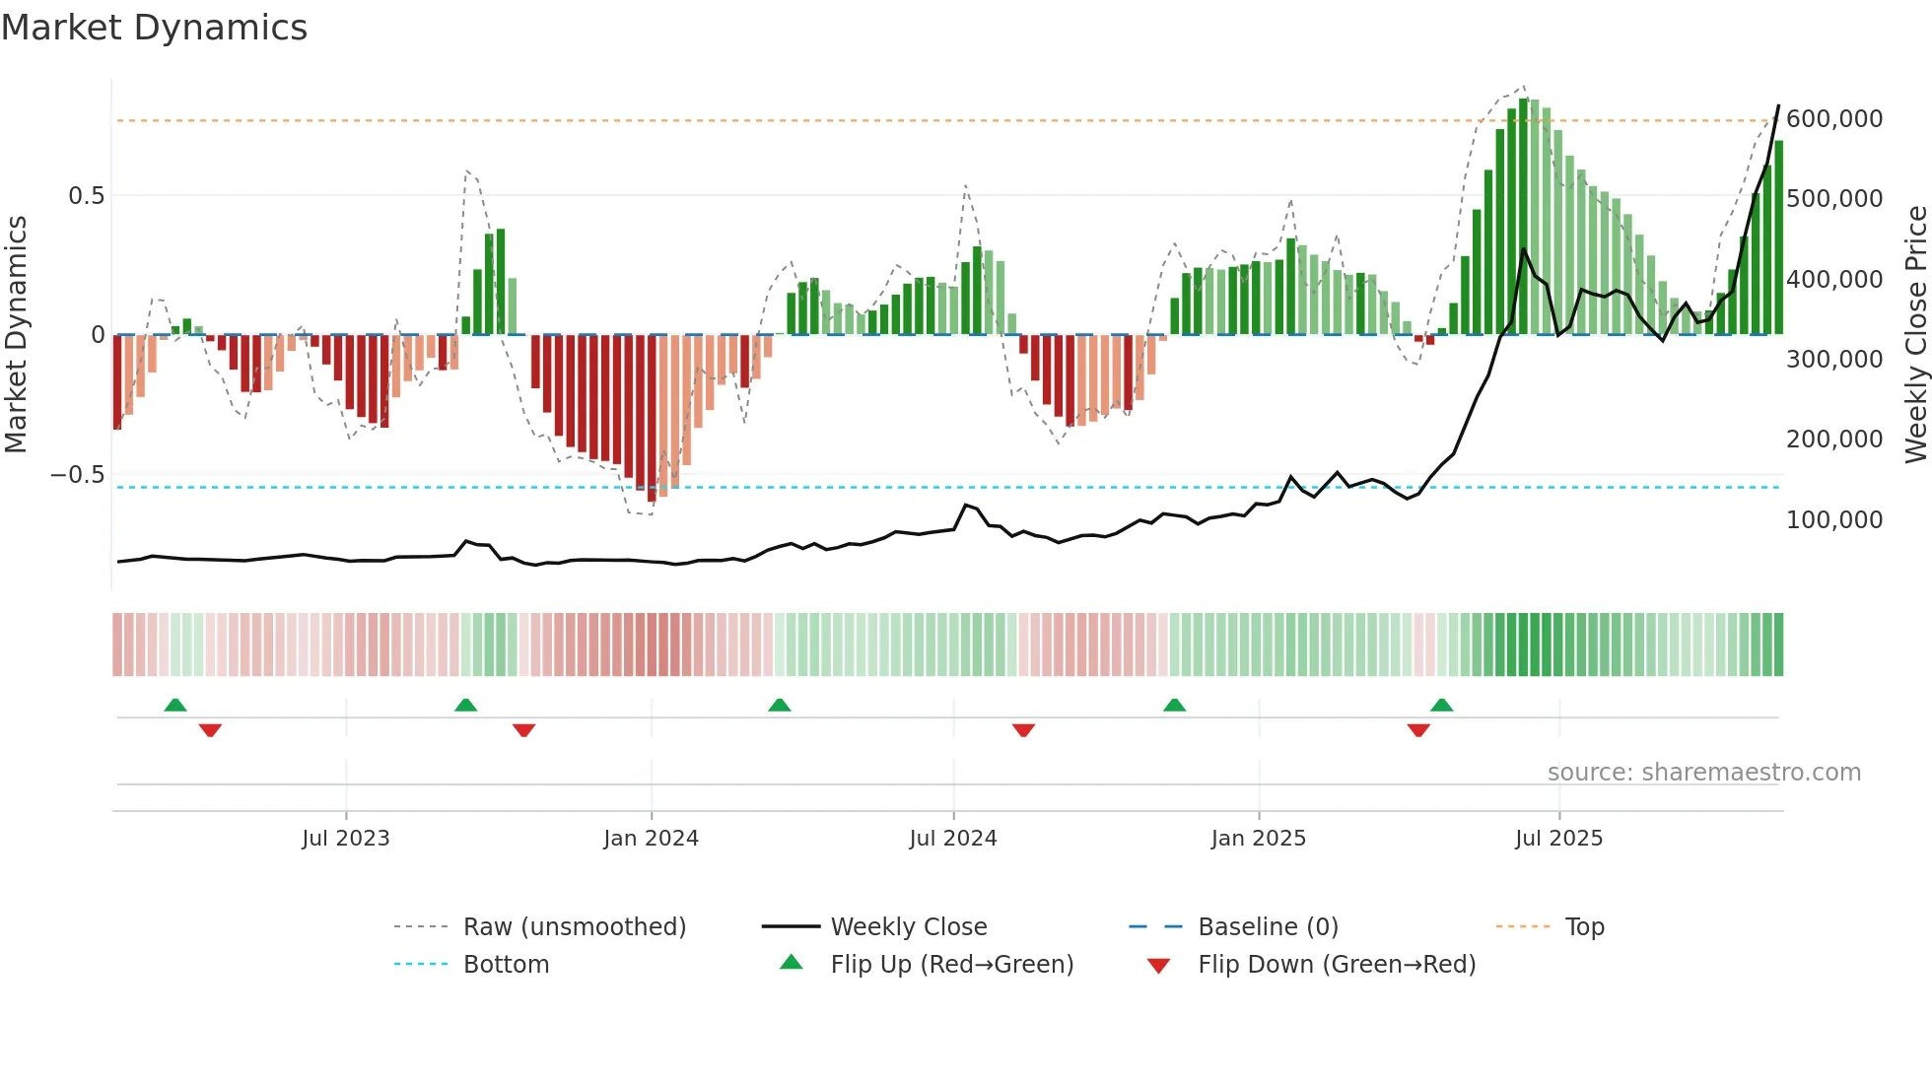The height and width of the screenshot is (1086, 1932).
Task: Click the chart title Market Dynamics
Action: click(155, 28)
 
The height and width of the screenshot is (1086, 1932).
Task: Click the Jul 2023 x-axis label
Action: click(346, 839)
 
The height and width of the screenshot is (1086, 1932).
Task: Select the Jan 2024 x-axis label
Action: click(651, 839)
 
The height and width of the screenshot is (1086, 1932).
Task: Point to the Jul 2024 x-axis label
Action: click(953, 839)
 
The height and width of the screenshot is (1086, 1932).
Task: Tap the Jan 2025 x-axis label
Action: click(1259, 839)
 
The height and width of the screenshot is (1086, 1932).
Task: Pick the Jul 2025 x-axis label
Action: click(1559, 839)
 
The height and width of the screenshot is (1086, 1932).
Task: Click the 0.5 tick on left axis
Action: click(86, 196)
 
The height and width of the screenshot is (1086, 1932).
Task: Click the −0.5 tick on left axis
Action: click(77, 475)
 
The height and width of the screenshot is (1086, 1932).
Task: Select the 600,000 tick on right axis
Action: click(1834, 119)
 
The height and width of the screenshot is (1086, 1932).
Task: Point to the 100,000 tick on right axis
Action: click(1834, 520)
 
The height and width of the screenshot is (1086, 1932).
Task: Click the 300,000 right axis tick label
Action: click(1834, 360)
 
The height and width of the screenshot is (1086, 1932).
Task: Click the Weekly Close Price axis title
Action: click(1915, 335)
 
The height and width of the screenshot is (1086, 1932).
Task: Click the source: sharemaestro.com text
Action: click(1703, 773)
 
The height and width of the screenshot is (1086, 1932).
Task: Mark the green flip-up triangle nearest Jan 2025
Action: click(1174, 705)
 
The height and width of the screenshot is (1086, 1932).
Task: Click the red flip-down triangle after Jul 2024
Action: click(1023, 730)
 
